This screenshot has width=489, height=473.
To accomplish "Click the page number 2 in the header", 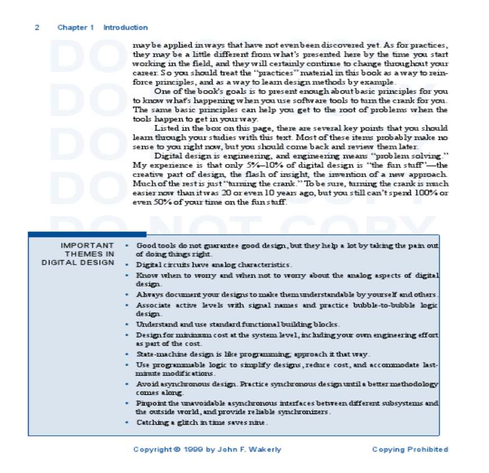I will (x=37, y=28).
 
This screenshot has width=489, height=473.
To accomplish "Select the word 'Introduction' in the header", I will (x=125, y=28).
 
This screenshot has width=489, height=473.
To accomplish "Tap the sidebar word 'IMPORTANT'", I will (x=87, y=245).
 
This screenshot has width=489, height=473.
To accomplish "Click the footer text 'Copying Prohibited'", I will (x=410, y=449).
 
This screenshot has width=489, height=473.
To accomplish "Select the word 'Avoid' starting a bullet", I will (x=145, y=384).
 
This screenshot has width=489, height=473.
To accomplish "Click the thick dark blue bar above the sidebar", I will (x=87, y=234).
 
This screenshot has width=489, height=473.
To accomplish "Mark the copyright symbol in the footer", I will (x=178, y=449).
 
